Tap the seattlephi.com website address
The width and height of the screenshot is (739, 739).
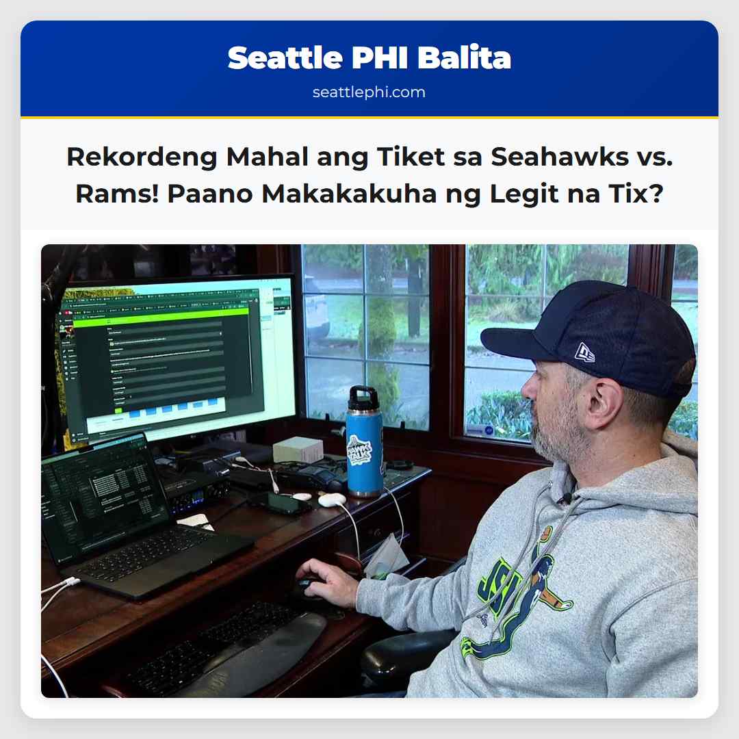[369, 92]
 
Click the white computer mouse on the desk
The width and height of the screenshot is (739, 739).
[332, 500]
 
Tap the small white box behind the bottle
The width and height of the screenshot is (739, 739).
[298, 450]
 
